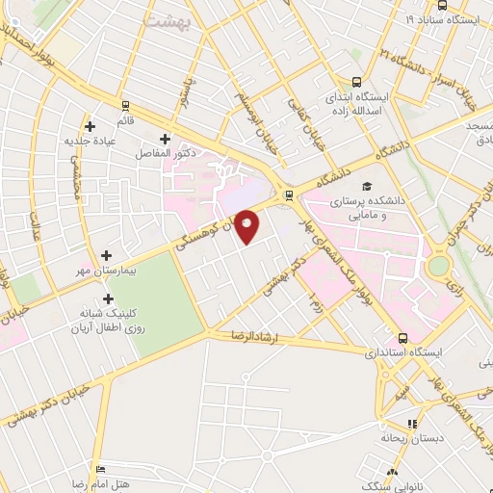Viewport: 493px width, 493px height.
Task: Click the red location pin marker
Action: [x=247, y=227]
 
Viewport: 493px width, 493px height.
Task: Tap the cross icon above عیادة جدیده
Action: [x=90, y=125]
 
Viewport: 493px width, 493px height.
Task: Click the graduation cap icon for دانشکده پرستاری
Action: [x=366, y=187]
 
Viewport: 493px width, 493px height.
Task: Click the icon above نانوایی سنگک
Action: [x=391, y=472]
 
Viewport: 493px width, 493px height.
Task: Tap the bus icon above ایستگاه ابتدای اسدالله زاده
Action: [x=357, y=83]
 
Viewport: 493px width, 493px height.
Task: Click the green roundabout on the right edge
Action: [x=439, y=265]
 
